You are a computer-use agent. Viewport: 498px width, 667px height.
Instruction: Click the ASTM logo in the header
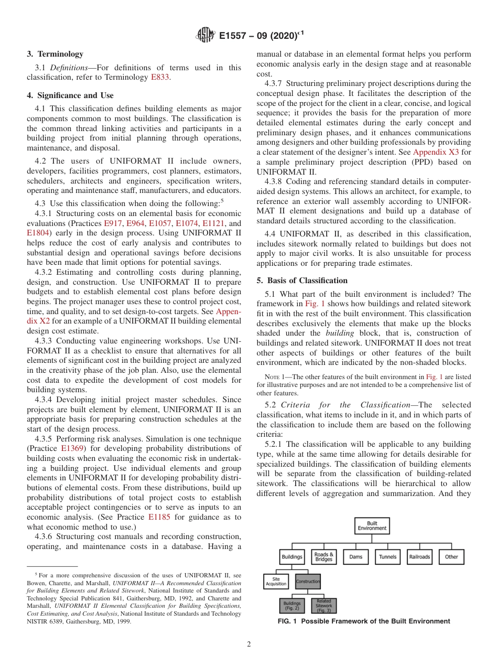click(205, 35)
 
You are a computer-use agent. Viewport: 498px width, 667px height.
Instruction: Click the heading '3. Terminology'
click(55, 54)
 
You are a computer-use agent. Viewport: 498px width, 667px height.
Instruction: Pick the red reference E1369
click(72, 448)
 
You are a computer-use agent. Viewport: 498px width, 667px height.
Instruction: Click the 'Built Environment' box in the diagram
click(372, 526)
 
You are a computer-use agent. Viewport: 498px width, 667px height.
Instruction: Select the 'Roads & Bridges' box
click(323, 556)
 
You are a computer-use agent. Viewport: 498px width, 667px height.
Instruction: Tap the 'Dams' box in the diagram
click(356, 557)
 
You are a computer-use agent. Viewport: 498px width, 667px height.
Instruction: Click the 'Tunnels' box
click(387, 557)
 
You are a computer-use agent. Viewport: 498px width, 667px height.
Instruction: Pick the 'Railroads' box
click(419, 557)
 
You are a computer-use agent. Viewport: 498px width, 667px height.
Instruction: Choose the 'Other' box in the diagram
click(451, 557)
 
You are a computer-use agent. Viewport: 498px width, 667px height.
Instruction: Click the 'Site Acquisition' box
click(276, 582)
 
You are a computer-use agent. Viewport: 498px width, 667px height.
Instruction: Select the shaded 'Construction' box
click(308, 582)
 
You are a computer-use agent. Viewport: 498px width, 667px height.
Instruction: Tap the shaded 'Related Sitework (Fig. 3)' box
click(323, 606)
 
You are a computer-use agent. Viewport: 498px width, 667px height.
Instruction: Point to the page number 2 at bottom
click(249, 644)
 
